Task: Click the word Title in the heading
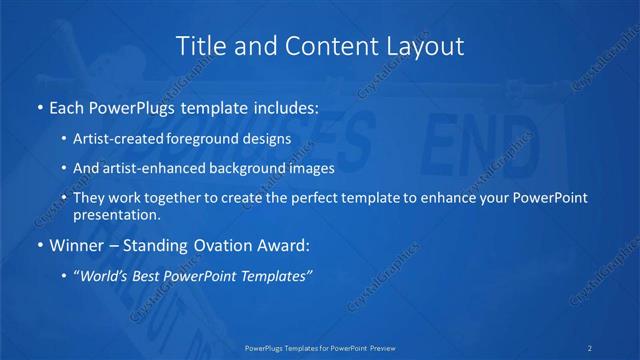197,46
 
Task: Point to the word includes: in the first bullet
282,106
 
